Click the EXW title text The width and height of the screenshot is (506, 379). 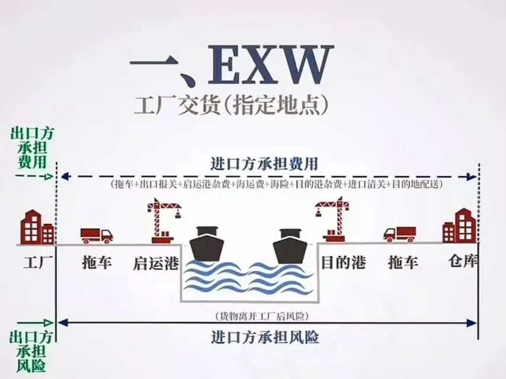pyautogui.click(x=228, y=66)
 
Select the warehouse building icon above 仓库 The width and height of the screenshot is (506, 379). pyautogui.click(x=460, y=226)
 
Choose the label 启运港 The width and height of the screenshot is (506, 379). pyautogui.click(x=156, y=263)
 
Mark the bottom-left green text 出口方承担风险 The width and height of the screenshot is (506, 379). pyautogui.click(x=28, y=351)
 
